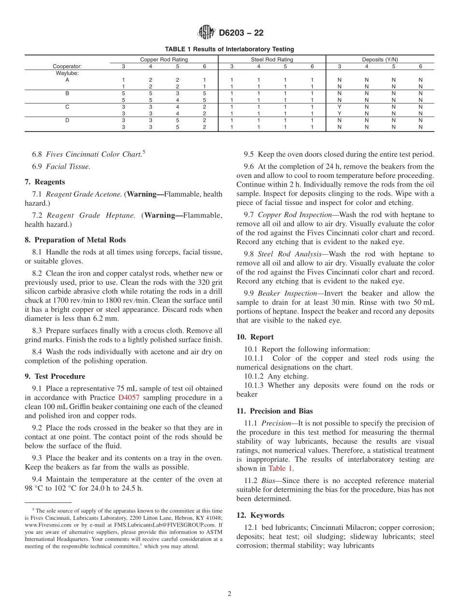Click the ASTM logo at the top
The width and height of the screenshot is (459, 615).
pos(206,33)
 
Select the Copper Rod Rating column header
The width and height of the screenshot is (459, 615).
pos(164,59)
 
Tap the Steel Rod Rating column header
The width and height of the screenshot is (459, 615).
pos(272,59)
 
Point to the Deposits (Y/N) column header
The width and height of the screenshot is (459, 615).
pos(380,59)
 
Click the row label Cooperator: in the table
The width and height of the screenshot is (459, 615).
pos(67,66)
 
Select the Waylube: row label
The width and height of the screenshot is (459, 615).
pos(67,73)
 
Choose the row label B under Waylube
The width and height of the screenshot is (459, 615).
pos(67,93)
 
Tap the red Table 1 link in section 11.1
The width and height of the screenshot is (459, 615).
pos(280,468)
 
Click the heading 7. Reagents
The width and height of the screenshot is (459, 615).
pos(45,182)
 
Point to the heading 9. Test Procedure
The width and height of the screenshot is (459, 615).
pos(55,376)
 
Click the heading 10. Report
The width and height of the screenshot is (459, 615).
pos(255,337)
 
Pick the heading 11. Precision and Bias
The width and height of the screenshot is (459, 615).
pos(274,411)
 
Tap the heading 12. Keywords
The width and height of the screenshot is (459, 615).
pos(260,515)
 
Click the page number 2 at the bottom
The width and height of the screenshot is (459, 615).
pos(229,594)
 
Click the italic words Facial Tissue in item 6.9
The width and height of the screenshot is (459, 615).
pos(68,166)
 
